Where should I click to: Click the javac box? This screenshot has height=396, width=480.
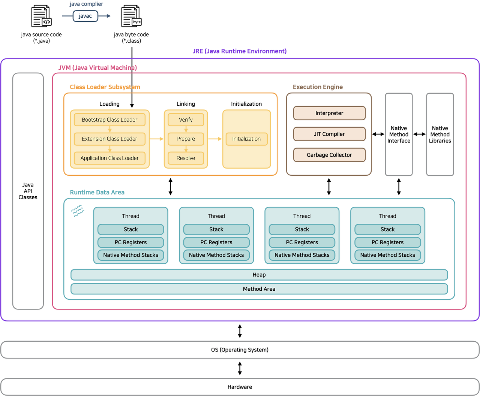point(85,16)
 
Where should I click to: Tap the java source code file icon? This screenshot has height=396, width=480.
point(41,16)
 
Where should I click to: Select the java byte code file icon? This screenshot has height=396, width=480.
point(131,16)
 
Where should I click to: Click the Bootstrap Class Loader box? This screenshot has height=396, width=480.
point(109,120)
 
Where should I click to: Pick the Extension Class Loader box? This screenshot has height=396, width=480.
point(109,139)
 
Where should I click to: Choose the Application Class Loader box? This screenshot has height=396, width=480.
point(109,158)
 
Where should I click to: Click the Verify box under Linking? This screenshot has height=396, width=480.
point(186,120)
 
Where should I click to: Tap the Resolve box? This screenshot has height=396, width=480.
point(186,158)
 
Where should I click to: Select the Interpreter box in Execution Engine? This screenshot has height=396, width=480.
point(329,113)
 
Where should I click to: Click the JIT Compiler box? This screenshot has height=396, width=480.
point(329,134)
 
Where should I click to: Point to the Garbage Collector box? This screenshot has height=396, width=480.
point(329,155)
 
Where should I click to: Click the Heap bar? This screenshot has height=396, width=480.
point(259,275)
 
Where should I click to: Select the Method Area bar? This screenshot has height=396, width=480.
point(259,289)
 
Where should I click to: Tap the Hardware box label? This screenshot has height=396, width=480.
point(240,387)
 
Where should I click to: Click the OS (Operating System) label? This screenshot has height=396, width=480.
point(240,350)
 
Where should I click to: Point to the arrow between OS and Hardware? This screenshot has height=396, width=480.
point(240,368)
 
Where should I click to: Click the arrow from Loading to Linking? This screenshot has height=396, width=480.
point(156,139)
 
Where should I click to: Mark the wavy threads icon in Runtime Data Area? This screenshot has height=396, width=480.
point(78,211)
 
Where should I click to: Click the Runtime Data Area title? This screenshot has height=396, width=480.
point(97,192)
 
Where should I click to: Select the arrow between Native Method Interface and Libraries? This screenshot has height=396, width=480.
point(419,134)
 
